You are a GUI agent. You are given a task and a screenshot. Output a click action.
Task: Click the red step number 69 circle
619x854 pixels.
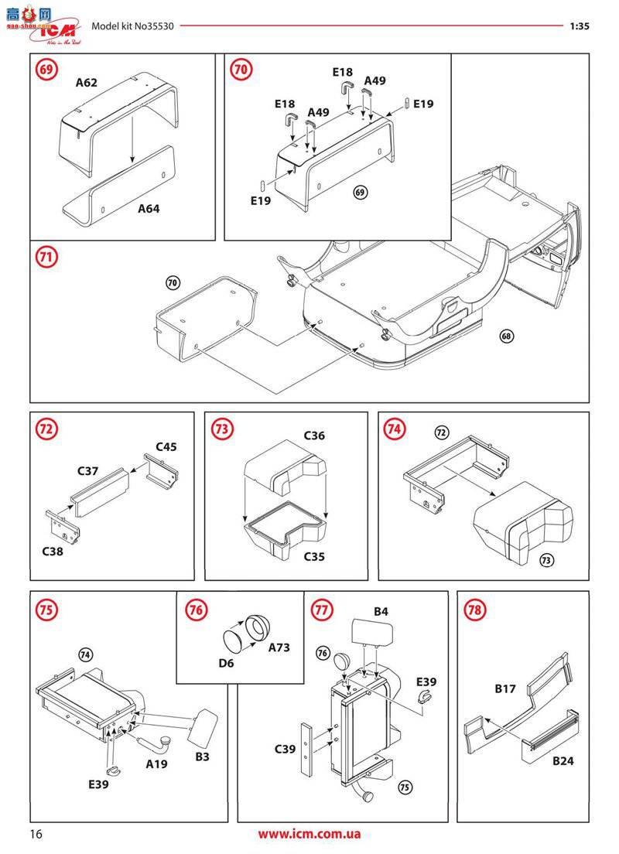47,70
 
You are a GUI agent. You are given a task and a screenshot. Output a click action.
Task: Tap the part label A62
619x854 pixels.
87,83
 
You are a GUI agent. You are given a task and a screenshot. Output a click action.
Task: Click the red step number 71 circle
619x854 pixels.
47,258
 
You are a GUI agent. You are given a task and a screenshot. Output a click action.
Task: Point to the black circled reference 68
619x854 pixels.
507,336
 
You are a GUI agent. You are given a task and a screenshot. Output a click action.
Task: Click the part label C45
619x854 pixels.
166,446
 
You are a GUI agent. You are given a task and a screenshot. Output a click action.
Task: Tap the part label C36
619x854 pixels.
314,436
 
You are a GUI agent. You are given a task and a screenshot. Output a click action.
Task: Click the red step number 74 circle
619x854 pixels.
395,429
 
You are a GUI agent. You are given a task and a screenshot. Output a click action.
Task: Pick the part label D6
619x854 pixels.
225,663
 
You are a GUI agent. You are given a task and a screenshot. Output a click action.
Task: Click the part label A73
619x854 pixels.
279,647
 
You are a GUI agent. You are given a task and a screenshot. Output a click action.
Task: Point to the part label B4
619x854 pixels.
381,612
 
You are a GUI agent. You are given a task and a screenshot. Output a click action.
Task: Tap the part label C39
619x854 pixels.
286,749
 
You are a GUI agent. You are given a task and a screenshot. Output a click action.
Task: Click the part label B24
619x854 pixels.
563,761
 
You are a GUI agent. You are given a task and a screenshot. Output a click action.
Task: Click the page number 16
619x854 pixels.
36,834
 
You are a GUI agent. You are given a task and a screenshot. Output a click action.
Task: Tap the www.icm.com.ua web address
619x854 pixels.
309,834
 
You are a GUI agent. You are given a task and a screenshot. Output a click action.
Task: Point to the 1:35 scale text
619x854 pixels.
580,26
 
